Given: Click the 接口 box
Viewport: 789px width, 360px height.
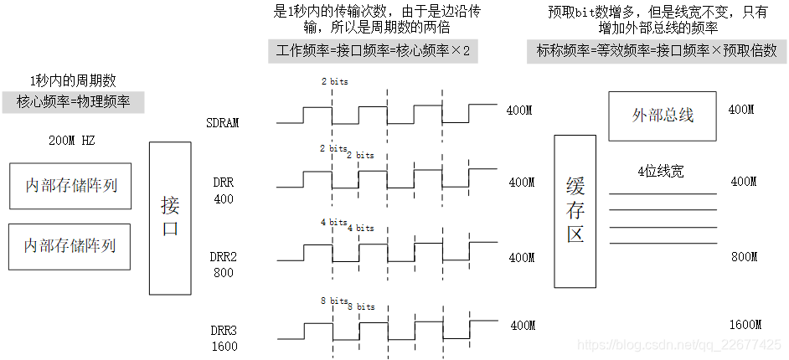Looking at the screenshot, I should point(170,218).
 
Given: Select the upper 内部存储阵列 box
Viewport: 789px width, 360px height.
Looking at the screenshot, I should point(70,185).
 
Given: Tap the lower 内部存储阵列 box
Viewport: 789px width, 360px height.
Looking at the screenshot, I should point(70,246).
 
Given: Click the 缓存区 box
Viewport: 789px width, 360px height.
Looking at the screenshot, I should point(575,212).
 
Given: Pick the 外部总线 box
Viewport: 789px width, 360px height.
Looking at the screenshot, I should point(663,116).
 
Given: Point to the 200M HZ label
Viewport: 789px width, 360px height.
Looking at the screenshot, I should point(72,141).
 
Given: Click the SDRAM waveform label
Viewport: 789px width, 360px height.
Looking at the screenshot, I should point(223,123).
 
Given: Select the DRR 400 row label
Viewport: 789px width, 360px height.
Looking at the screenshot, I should point(224,190).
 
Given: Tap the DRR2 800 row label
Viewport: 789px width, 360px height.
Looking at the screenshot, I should point(224,265).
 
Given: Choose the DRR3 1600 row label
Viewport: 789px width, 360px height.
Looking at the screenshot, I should point(224,337).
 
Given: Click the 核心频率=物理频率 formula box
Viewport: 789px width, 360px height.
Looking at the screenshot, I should point(73,103).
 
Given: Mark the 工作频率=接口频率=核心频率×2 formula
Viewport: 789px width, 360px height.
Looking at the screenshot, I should point(374,52).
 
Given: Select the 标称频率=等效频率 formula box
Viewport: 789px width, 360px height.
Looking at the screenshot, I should point(657,51).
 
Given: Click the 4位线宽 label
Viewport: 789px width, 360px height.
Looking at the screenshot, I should point(661,172).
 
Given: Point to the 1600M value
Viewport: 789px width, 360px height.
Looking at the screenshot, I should point(744,325).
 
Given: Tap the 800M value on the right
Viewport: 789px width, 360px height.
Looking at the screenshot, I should point(744,257).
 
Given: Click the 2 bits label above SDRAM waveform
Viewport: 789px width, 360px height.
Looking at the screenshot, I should point(333,82).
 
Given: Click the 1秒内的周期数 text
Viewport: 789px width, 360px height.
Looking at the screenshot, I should point(73,81).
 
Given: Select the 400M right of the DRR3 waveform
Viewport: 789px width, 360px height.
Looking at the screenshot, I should point(522,326).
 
